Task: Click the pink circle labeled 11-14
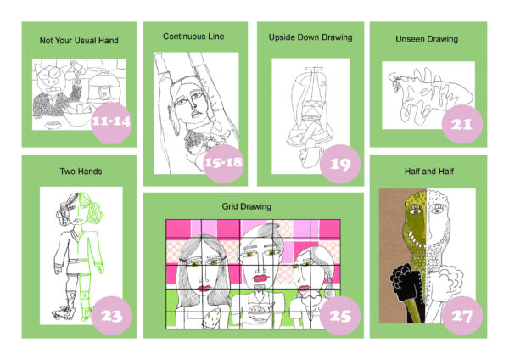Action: (x=111, y=123)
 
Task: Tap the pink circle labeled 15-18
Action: (x=223, y=163)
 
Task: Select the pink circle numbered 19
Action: (x=340, y=163)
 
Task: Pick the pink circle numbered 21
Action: (x=462, y=124)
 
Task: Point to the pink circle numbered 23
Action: (x=111, y=315)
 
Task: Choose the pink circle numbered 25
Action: (x=340, y=315)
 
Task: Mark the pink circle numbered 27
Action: (x=462, y=315)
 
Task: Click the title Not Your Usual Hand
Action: (x=79, y=41)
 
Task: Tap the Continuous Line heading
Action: (x=193, y=37)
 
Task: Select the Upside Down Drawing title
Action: (x=310, y=37)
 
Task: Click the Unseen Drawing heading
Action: (x=427, y=39)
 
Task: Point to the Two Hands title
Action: (x=81, y=172)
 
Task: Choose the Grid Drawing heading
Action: (x=246, y=206)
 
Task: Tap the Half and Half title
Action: (x=428, y=172)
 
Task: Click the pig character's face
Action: (x=52, y=80)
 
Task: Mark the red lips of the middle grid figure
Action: (x=260, y=278)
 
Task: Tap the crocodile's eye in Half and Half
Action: (x=414, y=212)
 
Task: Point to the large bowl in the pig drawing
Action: (x=79, y=115)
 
